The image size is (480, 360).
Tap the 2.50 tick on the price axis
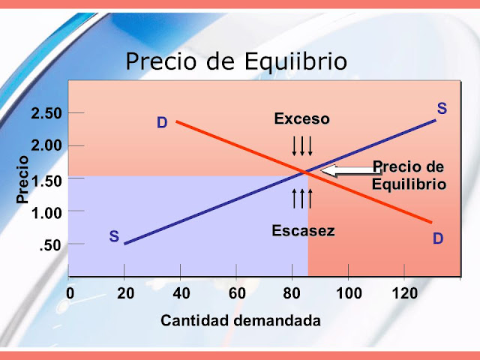(46, 113)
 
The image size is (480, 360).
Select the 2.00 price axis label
(46, 145)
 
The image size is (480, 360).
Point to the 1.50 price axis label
(46, 178)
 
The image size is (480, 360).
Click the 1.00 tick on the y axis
(46, 211)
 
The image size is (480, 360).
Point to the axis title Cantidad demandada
(241, 321)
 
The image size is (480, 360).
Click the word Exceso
(301, 119)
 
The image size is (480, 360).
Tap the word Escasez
(303, 231)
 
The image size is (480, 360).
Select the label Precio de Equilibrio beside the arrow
(409, 175)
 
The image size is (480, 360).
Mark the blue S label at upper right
(442, 109)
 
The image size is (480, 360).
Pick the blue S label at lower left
(114, 237)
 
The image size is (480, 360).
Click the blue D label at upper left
(162, 122)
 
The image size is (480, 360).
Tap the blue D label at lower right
(437, 239)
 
